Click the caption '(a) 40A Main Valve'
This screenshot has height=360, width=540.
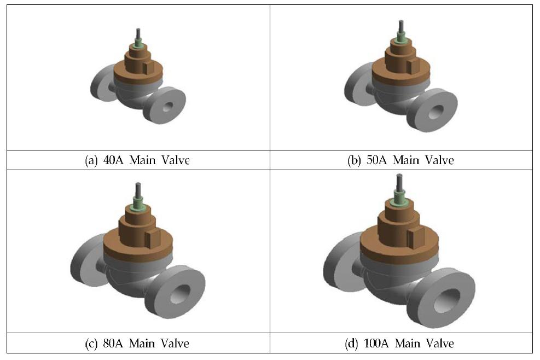[137, 160]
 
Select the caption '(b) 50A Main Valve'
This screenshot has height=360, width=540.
[400, 160]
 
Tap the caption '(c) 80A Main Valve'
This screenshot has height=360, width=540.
[137, 344]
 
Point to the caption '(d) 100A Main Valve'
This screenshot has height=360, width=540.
[399, 344]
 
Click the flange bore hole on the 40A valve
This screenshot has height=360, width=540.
[168, 107]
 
